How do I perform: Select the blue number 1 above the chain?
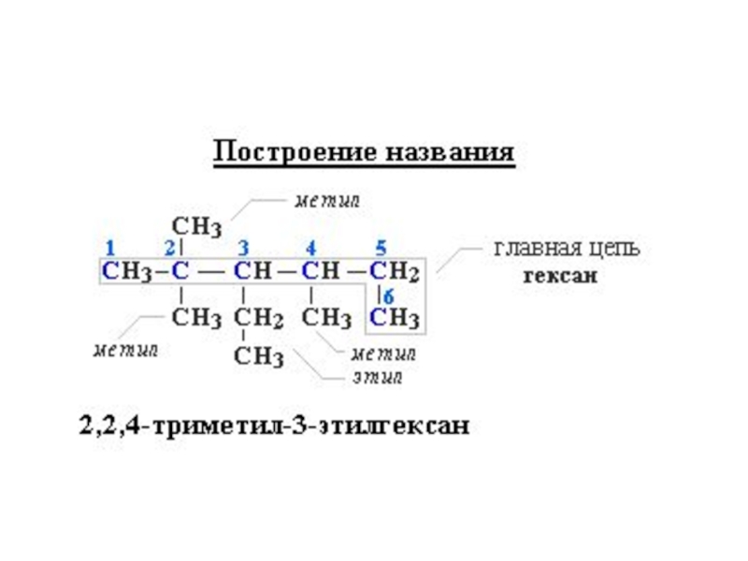pyautogui.click(x=110, y=248)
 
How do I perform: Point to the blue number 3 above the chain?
pyautogui.click(x=243, y=248)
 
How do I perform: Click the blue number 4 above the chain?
pyautogui.click(x=310, y=248)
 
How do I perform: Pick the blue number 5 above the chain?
pyautogui.click(x=381, y=248)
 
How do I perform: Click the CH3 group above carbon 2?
pyautogui.click(x=196, y=226)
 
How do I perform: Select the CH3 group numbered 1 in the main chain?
pyautogui.click(x=125, y=272)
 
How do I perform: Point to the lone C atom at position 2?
pyautogui.click(x=180, y=272)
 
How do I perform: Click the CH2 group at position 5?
pyautogui.click(x=394, y=272)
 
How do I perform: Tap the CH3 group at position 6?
pyautogui.click(x=394, y=317)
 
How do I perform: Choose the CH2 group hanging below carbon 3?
pyautogui.click(x=257, y=318)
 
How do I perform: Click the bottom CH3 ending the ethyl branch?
pyautogui.click(x=258, y=356)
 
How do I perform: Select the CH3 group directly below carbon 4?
pyautogui.click(x=326, y=317)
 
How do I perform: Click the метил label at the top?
pyautogui.click(x=326, y=200)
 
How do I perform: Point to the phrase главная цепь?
pyautogui.click(x=567, y=250)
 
